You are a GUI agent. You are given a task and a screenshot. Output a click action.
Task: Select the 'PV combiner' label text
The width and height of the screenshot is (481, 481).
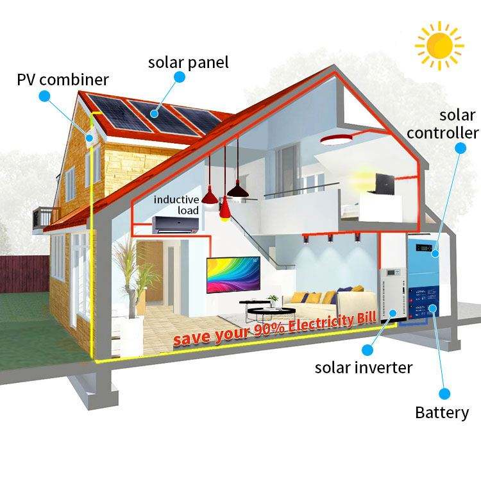(x=62, y=80)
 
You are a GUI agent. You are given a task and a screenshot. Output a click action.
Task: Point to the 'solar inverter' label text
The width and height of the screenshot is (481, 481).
(x=363, y=367)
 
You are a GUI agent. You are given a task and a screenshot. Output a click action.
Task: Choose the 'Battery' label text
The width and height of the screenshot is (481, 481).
(x=442, y=412)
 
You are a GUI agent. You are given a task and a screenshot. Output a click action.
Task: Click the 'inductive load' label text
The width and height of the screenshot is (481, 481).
(x=176, y=205)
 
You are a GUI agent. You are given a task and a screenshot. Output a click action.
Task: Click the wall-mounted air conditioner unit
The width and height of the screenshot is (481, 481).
(x=174, y=224)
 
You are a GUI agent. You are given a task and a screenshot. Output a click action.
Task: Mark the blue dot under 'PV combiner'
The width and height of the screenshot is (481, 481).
(x=44, y=96)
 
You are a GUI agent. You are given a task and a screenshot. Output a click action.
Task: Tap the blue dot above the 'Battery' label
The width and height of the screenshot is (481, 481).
(x=443, y=392)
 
